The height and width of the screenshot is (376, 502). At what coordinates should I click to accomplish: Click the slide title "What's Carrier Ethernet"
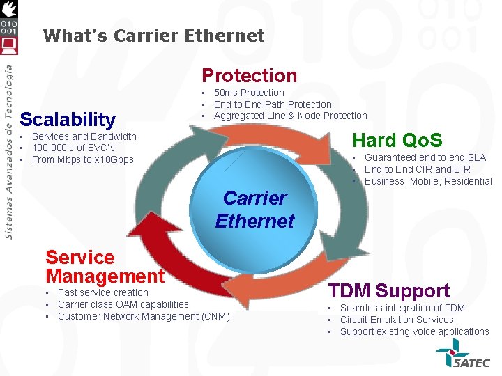pyautogui.click(x=153, y=36)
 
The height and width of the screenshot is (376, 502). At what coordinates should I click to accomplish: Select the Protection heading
pyautogui.click(x=249, y=75)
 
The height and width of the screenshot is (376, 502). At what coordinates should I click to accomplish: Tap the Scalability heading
pyautogui.click(x=68, y=119)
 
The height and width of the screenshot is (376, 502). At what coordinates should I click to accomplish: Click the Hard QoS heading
pyautogui.click(x=397, y=140)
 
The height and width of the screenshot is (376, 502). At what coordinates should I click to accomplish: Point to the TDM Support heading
pyautogui.click(x=389, y=290)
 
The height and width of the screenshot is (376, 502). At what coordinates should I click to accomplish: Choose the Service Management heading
pyautogui.click(x=105, y=267)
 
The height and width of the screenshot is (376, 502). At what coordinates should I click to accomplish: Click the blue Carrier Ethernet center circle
pyautogui.click(x=254, y=209)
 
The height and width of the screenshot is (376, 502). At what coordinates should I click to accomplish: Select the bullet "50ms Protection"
pyautogui.click(x=249, y=93)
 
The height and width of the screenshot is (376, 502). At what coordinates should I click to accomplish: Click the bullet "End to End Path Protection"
pyautogui.click(x=273, y=104)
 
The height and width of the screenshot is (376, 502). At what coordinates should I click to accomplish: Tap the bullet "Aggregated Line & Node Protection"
pyautogui.click(x=290, y=116)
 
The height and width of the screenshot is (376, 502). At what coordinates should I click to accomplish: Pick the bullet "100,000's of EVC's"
pyautogui.click(x=73, y=148)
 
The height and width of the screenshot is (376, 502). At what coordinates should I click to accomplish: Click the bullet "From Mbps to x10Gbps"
pyautogui.click(x=82, y=159)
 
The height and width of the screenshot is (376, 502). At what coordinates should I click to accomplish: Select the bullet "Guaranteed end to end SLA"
pyautogui.click(x=425, y=157)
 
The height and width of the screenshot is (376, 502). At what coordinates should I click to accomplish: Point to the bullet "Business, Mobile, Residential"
pyautogui.click(x=428, y=181)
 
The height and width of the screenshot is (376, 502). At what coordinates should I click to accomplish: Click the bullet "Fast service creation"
pyautogui.click(x=103, y=292)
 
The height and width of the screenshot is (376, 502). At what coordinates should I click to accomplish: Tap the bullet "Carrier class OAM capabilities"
pyautogui.click(x=123, y=304)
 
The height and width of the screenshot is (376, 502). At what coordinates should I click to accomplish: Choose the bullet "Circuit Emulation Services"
pyautogui.click(x=397, y=320)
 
